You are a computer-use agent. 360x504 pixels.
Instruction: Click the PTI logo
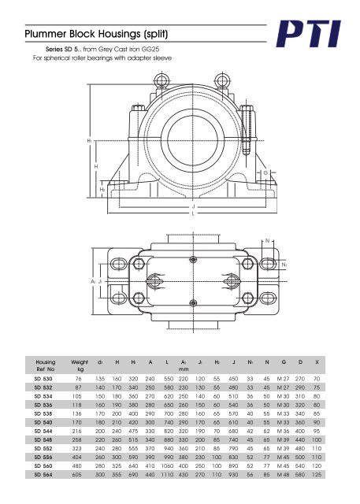(x=308, y=34)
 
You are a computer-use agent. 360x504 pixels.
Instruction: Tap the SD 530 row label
(x=43, y=379)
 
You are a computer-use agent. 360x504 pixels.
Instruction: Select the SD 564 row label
(x=43, y=475)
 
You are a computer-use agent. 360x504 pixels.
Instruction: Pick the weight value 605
(x=77, y=475)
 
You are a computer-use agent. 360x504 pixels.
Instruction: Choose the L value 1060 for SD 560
(x=167, y=466)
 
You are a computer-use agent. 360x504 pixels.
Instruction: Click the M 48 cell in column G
(x=283, y=475)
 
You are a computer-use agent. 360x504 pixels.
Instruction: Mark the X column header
(x=317, y=362)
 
